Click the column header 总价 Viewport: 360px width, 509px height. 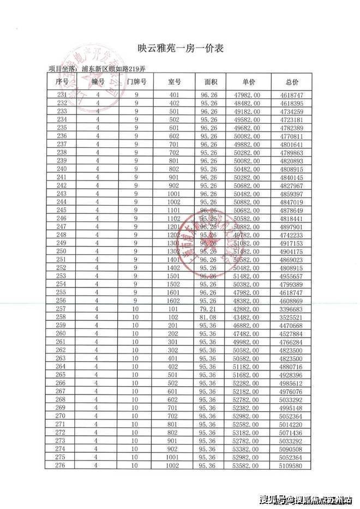pyautogui.click(x=292, y=82)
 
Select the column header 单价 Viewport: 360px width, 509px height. pyautogui.click(x=248, y=82)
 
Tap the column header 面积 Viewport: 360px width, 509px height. pyautogui.click(x=211, y=82)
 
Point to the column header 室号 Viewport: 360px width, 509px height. pyautogui.click(x=174, y=82)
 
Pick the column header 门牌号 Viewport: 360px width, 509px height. pyautogui.click(x=136, y=82)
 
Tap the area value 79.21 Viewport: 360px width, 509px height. pyautogui.click(x=209, y=308)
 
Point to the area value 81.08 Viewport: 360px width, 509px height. pyautogui.click(x=209, y=317)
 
